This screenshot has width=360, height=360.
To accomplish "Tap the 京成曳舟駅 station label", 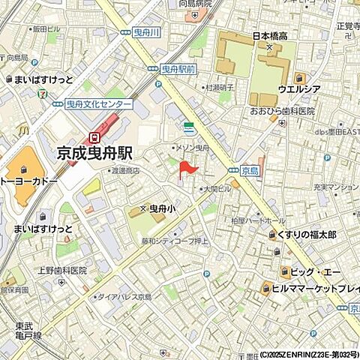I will click(95, 152).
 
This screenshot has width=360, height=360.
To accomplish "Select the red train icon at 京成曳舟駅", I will click(94, 136).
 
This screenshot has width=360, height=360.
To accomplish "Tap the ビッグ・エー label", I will click(313, 271).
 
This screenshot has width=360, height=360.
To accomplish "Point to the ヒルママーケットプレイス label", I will click(315, 286).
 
